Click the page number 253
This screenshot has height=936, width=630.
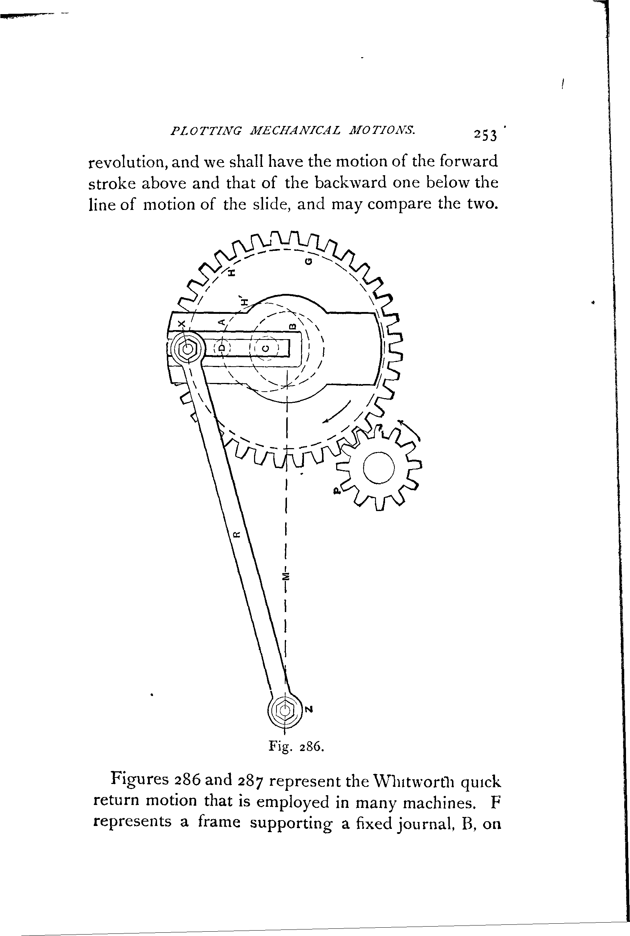click(x=485, y=135)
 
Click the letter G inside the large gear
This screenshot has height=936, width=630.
click(x=308, y=261)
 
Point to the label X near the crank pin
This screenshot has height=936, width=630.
click(x=182, y=324)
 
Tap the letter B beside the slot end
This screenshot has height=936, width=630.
click(x=292, y=326)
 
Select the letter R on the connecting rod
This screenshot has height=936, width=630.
click(x=237, y=534)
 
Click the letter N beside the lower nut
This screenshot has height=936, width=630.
click(x=308, y=709)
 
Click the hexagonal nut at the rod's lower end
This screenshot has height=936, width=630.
click(x=284, y=711)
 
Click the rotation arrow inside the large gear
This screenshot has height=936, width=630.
click(x=337, y=412)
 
